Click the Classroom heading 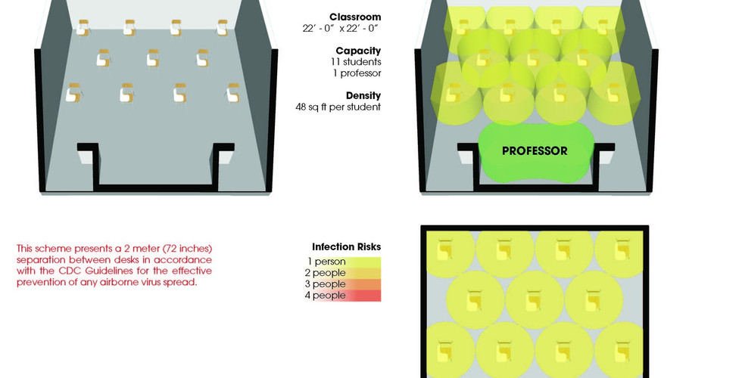pos(355,17)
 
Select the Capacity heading pos(358,51)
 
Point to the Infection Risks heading pos(346,246)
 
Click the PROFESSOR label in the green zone pos(535,151)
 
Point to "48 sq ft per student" pos(338,107)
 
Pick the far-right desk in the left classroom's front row pos(232,93)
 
